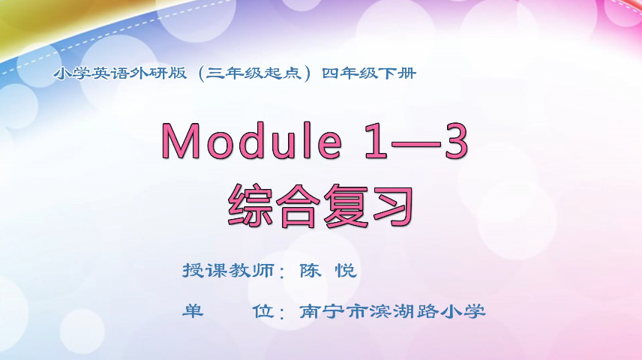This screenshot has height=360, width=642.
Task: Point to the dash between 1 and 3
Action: click(409, 142)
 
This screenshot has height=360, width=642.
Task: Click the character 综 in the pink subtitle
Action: click(252, 203)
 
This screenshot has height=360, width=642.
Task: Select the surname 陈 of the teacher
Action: click(310, 270)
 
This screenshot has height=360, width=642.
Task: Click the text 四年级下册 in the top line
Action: click(368, 73)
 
